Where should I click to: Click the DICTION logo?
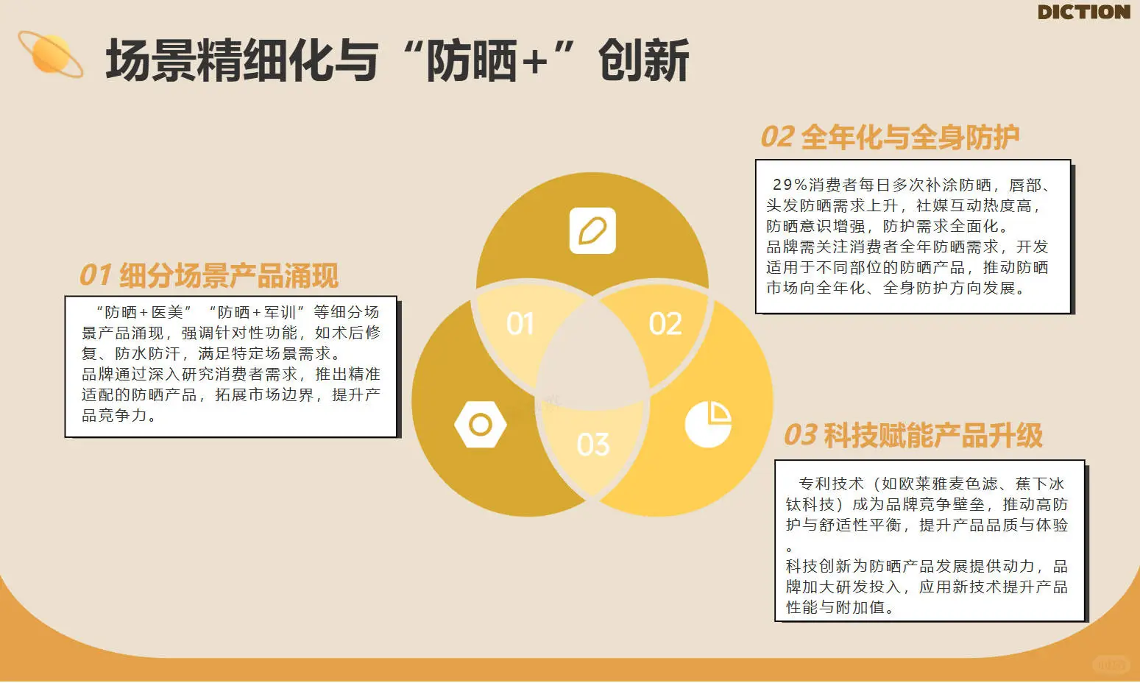[1083, 12]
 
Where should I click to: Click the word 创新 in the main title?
[643, 60]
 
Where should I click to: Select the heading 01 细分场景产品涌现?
[208, 276]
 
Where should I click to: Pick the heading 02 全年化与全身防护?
[889, 138]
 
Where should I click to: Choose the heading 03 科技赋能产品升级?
[913, 436]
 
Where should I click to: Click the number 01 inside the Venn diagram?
[520, 324]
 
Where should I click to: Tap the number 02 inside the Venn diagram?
[665, 324]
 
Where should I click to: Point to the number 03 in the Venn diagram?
[593, 445]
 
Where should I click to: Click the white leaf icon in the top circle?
[592, 231]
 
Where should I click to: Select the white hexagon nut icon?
[481, 425]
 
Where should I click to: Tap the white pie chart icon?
[708, 424]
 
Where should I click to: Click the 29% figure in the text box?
[790, 185]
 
